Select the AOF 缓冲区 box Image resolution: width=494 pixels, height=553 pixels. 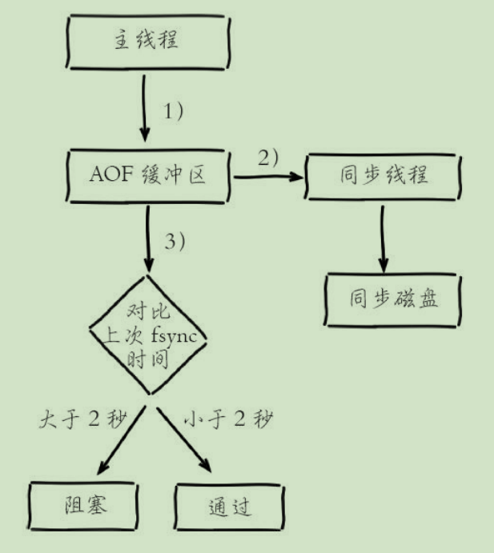point(148,171)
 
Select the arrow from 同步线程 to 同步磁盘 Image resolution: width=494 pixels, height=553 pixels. point(384,240)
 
